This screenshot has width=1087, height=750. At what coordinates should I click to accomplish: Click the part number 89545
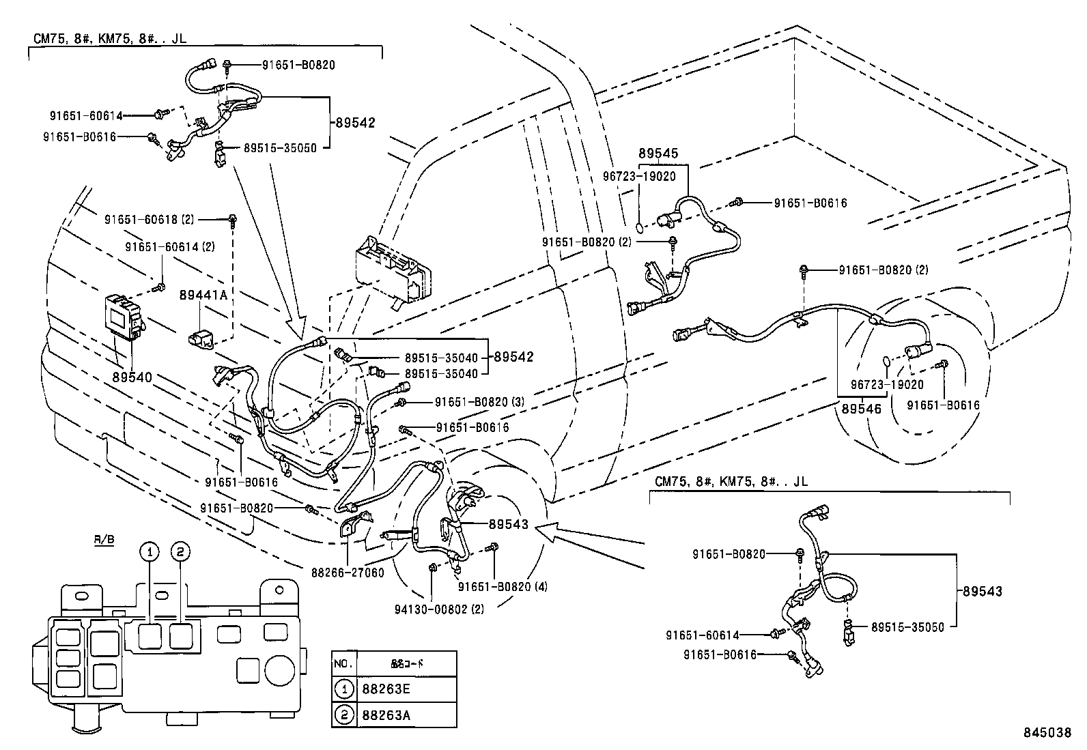pos(659,154)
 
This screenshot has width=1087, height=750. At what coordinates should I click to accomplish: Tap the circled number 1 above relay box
pos(150,551)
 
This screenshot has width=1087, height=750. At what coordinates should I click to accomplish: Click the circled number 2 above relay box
pos(180,551)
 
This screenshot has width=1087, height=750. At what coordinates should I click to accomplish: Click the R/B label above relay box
pos(104,540)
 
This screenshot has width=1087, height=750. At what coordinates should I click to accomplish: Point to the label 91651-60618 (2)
pos(150,220)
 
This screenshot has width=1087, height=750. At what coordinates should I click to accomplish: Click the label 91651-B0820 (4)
pos(503,586)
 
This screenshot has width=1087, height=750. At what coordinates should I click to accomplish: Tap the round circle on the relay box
pos(279,671)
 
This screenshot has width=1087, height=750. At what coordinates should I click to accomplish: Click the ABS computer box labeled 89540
pos(122,317)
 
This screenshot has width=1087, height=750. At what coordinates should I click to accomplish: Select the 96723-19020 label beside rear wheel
pos(887,384)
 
